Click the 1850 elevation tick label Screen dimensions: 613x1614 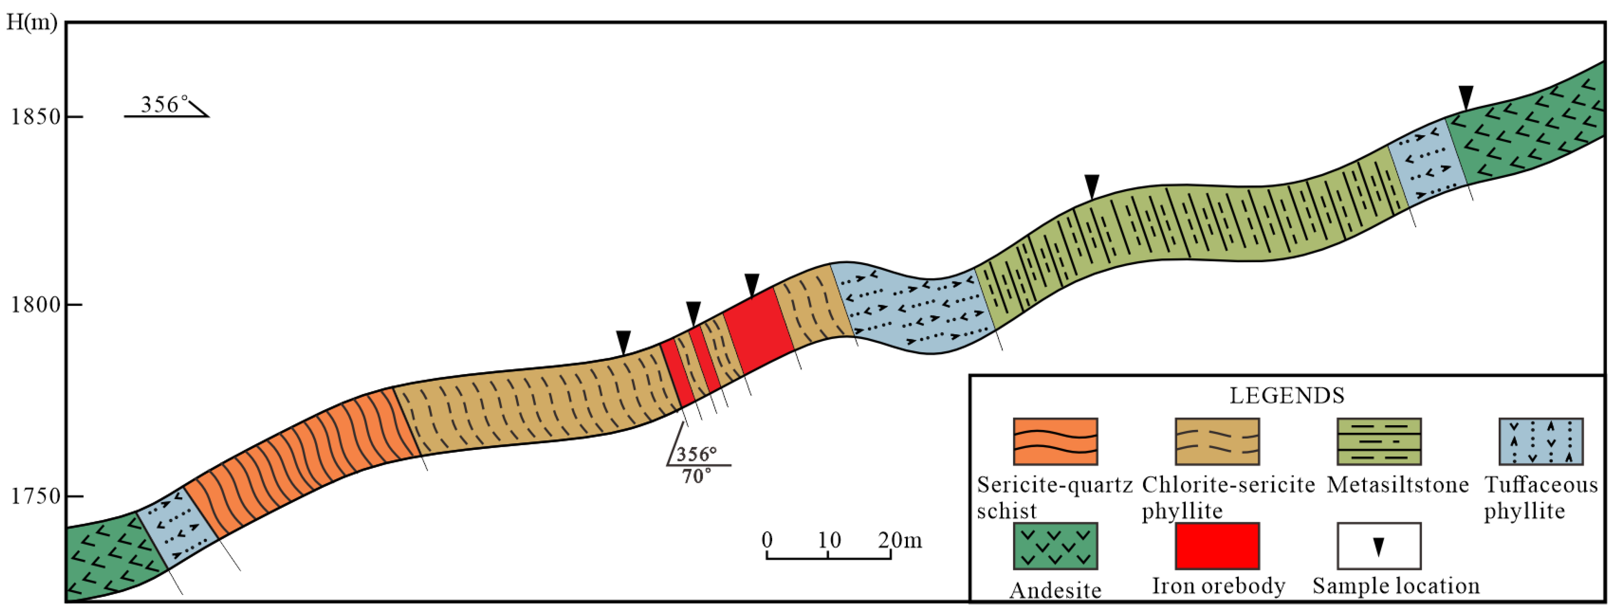coord(35,117)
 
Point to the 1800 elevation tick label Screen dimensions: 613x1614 coord(35,305)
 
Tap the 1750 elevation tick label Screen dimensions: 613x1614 coord(35,497)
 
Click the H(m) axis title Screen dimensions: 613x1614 coord(31,22)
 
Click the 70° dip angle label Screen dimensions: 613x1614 coord(696,476)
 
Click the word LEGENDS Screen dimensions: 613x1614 coord(1287,396)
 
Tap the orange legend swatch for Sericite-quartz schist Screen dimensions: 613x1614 coord(1055,441)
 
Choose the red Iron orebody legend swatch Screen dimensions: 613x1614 coord(1217,546)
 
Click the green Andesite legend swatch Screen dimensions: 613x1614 coord(1055,546)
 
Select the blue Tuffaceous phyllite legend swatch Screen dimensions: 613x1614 coord(1541,441)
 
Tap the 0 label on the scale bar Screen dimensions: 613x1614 coord(767,540)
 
